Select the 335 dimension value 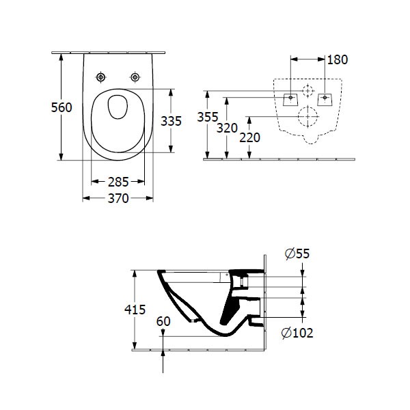click(x=170, y=121)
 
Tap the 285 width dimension click(x=118, y=182)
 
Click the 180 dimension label click(x=337, y=59)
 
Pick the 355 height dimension click(x=208, y=117)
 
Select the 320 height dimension click(x=228, y=128)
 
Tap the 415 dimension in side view click(x=135, y=310)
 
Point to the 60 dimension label click(x=163, y=321)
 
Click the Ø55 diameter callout click(x=297, y=254)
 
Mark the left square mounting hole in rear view click(x=291, y=98)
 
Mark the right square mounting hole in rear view click(x=325, y=98)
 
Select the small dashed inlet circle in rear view click(x=308, y=90)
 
